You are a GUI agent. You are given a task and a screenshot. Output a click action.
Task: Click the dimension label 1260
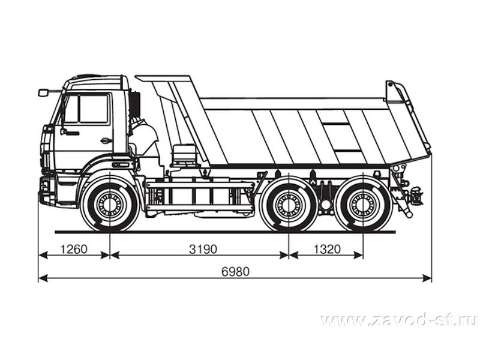point(74,249)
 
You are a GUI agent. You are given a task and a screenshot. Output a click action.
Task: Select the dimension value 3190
point(203,249)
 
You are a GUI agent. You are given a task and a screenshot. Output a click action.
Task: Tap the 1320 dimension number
point(327,249)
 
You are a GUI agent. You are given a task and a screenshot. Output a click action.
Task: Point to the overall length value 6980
point(235,272)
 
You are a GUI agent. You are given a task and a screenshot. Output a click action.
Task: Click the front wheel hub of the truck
point(109,205)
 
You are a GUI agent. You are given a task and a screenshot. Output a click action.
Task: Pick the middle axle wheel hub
point(288,205)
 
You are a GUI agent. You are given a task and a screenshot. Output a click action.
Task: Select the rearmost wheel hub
point(363,205)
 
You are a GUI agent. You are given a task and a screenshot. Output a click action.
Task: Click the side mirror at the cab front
point(43,92)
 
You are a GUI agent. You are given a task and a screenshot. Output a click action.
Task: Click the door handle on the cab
point(106,141)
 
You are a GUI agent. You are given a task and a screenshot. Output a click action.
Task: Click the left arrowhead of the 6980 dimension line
point(43,278)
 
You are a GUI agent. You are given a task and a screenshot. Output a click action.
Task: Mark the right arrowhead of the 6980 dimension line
point(427,278)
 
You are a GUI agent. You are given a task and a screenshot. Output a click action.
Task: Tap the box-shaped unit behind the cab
point(184,155)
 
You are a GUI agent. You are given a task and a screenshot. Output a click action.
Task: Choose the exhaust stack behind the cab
point(135,104)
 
